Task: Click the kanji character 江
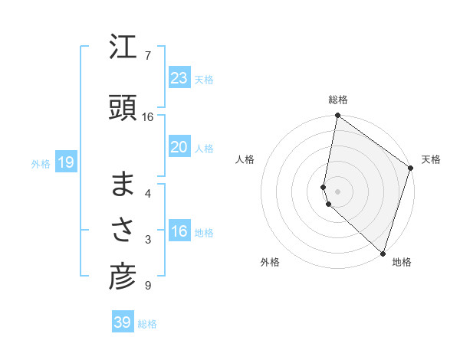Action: point(123,50)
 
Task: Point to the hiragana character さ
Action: point(123,231)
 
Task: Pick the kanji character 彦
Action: point(123,277)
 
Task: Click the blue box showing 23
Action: point(179,78)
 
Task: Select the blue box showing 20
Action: point(179,147)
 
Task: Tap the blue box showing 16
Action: point(179,231)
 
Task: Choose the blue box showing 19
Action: point(65,162)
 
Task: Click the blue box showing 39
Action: point(123,322)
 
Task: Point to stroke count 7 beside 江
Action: point(147,55)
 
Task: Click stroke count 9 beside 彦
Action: point(147,286)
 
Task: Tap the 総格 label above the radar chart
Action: point(338,100)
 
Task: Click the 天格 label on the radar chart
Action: point(431,159)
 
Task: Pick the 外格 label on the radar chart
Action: point(270,262)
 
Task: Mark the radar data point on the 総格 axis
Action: point(337,116)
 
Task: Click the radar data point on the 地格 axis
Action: point(383,253)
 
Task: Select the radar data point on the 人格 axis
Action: point(324,186)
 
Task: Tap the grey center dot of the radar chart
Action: point(337,191)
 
